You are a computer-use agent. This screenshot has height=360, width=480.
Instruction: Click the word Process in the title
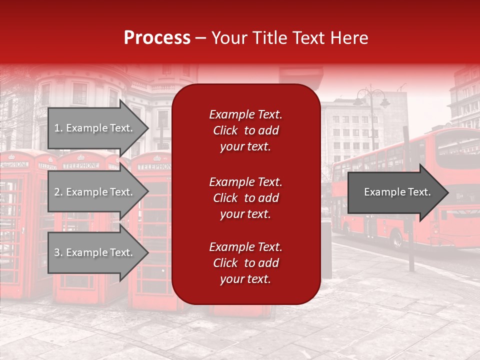click(x=157, y=38)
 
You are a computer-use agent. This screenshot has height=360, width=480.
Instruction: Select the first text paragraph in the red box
click(x=245, y=130)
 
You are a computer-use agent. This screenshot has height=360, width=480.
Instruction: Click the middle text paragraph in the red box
click(x=245, y=198)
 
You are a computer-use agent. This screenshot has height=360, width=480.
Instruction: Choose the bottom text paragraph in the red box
click(x=245, y=263)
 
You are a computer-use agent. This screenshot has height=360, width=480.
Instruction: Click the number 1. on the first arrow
click(x=58, y=128)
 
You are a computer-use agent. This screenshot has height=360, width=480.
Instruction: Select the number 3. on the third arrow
click(x=58, y=252)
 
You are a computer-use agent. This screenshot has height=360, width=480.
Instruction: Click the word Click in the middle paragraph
click(x=225, y=198)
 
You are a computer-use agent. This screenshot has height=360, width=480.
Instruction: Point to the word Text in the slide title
click(x=311, y=38)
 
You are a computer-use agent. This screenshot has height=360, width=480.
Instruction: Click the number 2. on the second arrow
click(x=58, y=192)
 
